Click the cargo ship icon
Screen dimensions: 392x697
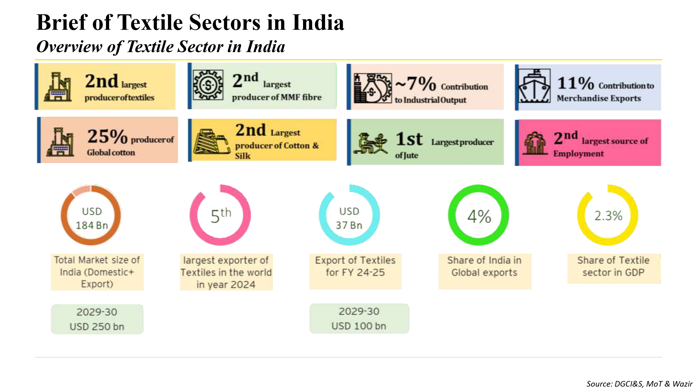pos(534,86)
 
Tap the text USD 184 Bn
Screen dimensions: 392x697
pos(92,218)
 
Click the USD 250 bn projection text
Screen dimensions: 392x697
pos(97,326)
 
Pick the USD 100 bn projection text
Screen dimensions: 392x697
pos(359,326)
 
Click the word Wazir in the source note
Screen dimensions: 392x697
pos(682,384)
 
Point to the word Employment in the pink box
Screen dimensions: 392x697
pos(578,154)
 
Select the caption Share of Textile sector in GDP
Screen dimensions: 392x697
pos(613,266)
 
